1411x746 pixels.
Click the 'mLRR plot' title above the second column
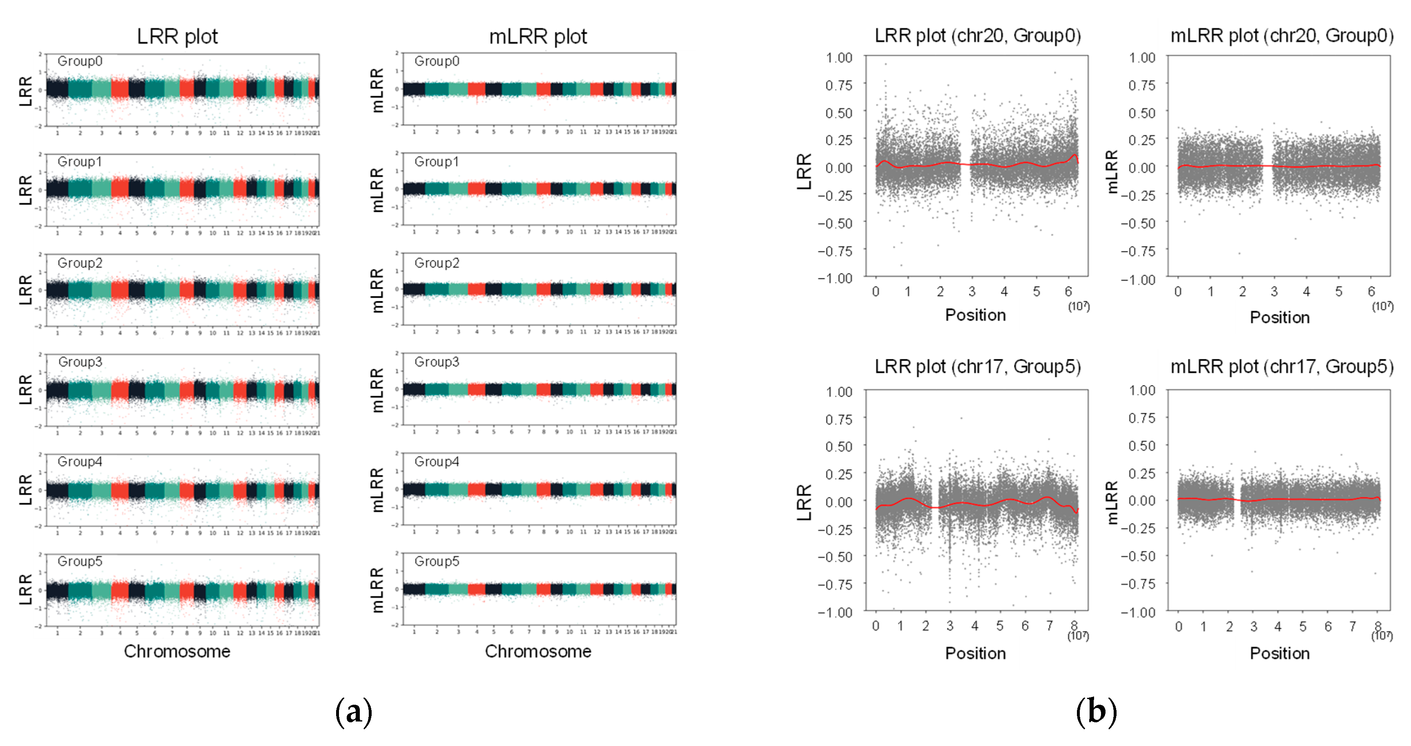[x=537, y=37]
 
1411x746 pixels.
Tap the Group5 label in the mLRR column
[x=437, y=561]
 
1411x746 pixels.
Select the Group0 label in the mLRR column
[x=437, y=61]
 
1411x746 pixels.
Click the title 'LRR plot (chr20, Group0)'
[x=977, y=36]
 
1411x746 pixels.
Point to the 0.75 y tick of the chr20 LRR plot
[x=838, y=85]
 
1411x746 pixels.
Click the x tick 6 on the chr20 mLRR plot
[x=1371, y=291]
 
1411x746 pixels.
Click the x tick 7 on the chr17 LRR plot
[x=1049, y=625]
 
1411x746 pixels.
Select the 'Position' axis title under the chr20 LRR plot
[x=976, y=315]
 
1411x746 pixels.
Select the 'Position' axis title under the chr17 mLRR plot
[x=1279, y=653]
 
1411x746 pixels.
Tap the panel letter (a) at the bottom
[x=353, y=711]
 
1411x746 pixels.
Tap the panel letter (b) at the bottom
[x=1096, y=711]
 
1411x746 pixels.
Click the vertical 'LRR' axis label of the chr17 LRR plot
[x=804, y=502]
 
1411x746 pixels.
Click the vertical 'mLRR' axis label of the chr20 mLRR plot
[x=1111, y=172]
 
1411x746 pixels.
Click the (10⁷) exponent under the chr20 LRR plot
[x=1079, y=306]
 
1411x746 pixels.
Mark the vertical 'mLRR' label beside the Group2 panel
[x=377, y=290]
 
